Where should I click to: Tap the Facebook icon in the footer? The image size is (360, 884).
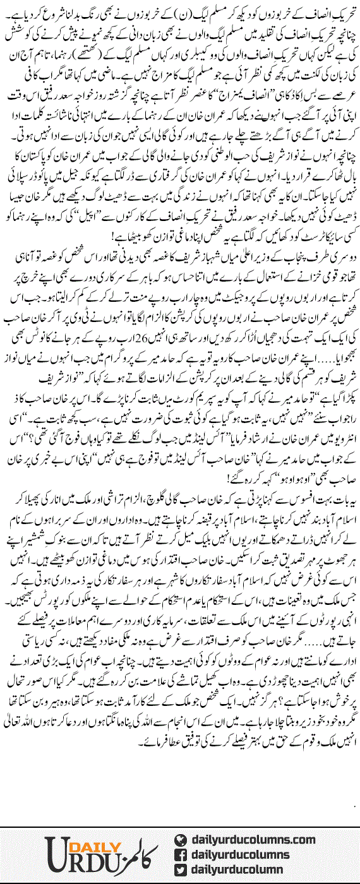point(181,855)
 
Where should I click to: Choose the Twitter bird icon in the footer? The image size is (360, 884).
point(181,870)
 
